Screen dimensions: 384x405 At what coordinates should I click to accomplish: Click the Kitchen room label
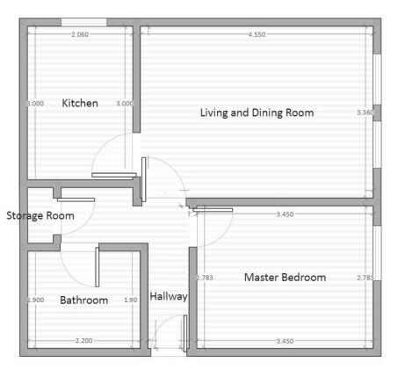80,103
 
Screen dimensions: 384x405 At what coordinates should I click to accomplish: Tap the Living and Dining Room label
257,112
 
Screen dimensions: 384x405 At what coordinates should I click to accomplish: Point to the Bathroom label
83,301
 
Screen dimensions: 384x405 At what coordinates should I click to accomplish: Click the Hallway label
168,297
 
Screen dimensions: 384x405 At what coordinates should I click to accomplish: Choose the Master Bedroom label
285,278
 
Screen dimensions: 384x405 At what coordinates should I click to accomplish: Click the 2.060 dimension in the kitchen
82,34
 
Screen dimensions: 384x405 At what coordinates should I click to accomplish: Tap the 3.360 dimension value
364,112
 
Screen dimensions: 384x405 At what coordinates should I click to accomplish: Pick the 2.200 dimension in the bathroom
83,340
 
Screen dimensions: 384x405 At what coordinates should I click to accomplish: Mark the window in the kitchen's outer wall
84,21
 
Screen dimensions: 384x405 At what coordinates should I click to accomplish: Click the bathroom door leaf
98,267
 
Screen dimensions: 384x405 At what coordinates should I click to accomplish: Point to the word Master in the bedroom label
261,278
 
